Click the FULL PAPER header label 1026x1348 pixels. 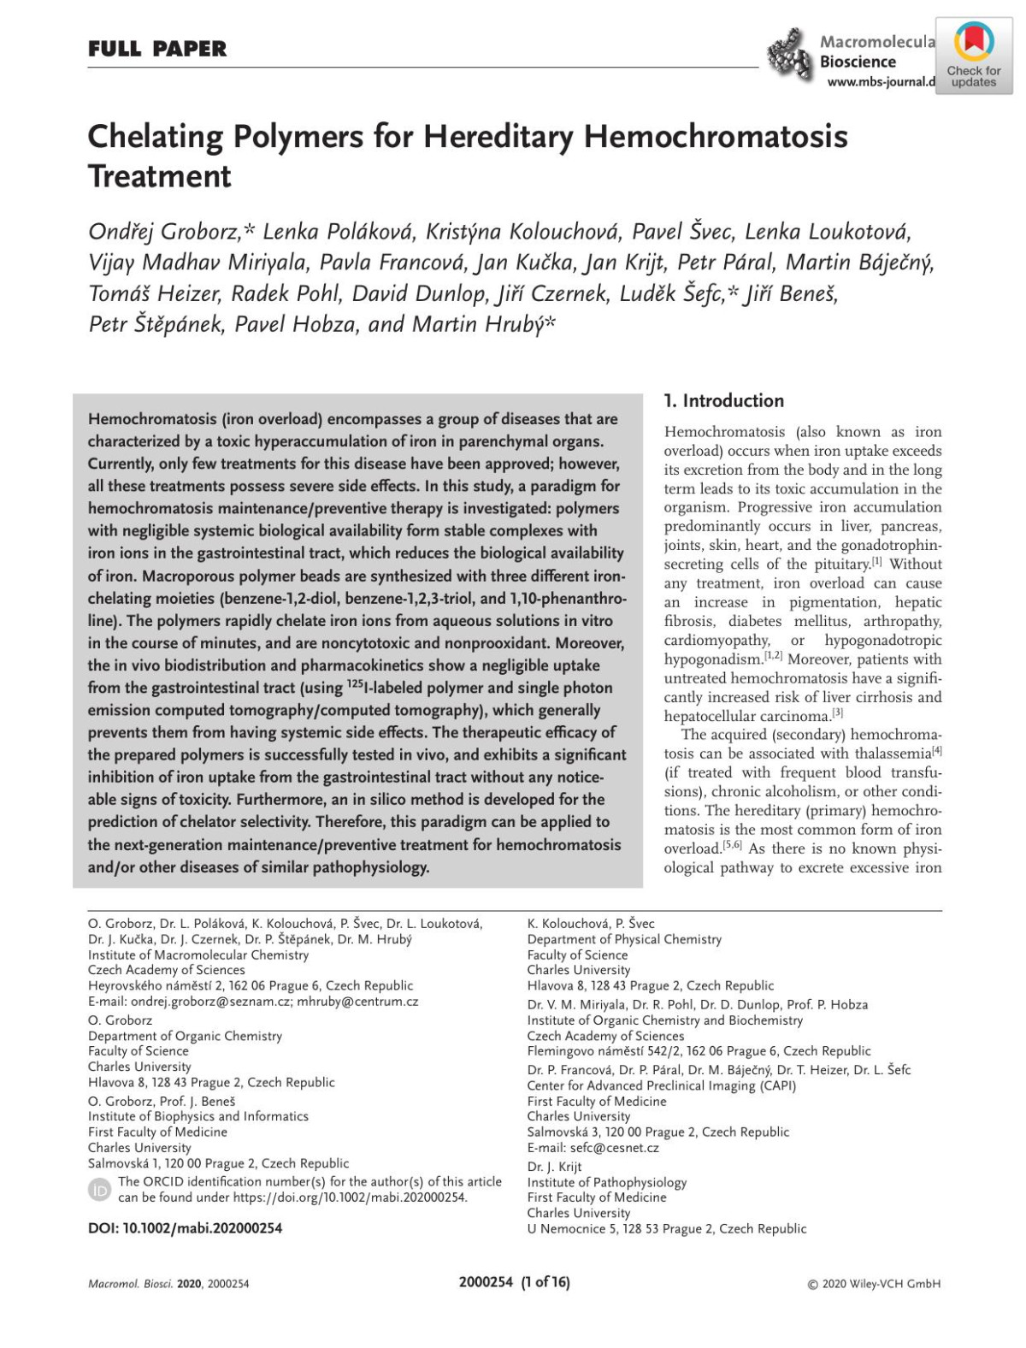point(157,50)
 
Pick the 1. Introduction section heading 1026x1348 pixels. point(723,401)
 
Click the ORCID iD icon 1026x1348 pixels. point(99,1190)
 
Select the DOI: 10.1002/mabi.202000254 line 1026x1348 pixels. point(185,1228)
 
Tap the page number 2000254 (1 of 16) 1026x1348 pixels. point(514,1282)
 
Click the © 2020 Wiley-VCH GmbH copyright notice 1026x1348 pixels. point(874,1284)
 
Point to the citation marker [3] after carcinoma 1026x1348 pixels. point(838,712)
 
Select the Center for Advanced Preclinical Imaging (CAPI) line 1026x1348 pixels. point(661,1085)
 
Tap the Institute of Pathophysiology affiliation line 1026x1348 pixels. point(606,1182)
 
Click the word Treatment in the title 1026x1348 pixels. point(160,176)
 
